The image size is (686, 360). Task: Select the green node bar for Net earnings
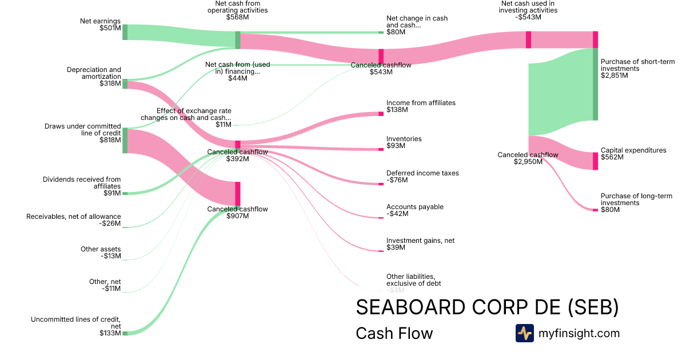point(125,32)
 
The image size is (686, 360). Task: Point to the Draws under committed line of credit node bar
point(125,141)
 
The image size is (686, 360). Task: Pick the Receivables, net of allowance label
point(74,219)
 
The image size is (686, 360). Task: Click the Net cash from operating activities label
point(237,10)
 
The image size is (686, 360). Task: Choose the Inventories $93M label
point(404,142)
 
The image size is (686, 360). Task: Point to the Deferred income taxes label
point(422,177)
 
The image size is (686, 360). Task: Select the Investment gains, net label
point(420,244)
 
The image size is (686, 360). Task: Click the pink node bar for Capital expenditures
point(595,161)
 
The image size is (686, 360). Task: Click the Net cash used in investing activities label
point(519,10)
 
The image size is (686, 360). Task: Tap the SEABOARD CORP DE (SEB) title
point(487,307)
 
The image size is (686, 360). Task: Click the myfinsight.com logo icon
point(524,333)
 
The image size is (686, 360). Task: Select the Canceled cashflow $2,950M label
point(528,158)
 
